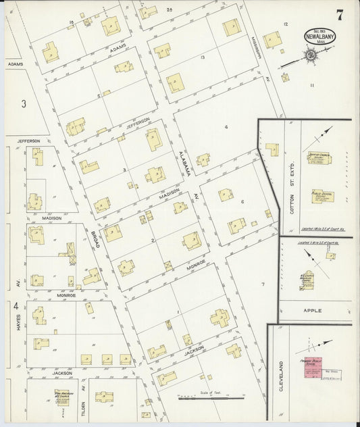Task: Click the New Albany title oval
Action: click(316, 35)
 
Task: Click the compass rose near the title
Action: click(309, 55)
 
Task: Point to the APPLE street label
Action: click(312, 311)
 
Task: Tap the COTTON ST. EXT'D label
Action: click(292, 199)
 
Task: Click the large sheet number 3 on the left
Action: click(23, 103)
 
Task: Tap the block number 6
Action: click(242, 201)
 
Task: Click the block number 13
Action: click(203, 58)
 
